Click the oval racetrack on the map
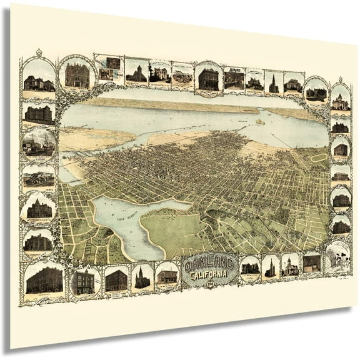point(319,157)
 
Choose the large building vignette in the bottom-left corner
point(44,279)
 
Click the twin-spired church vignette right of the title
point(271,267)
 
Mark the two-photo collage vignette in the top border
point(109,68)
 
